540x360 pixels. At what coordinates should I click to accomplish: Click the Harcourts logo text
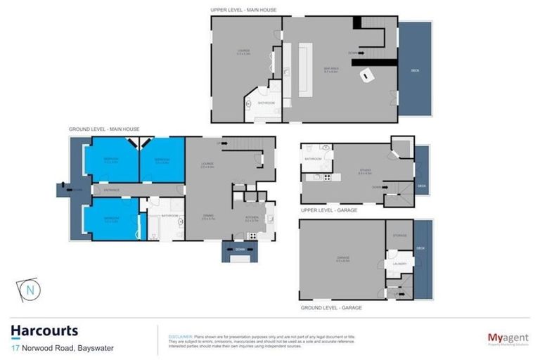pyautogui.click(x=44, y=330)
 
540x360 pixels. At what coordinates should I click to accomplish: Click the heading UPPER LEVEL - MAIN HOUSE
pyautogui.click(x=243, y=10)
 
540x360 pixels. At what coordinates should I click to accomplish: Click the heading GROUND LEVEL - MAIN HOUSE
pyautogui.click(x=104, y=130)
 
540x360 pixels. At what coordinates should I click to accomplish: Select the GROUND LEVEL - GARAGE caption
pyautogui.click(x=331, y=308)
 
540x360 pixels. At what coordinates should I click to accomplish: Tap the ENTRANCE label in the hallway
pyautogui.click(x=112, y=190)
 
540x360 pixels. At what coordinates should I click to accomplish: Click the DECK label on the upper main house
pyautogui.click(x=415, y=70)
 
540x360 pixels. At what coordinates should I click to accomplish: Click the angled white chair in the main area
pyautogui.click(x=366, y=74)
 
